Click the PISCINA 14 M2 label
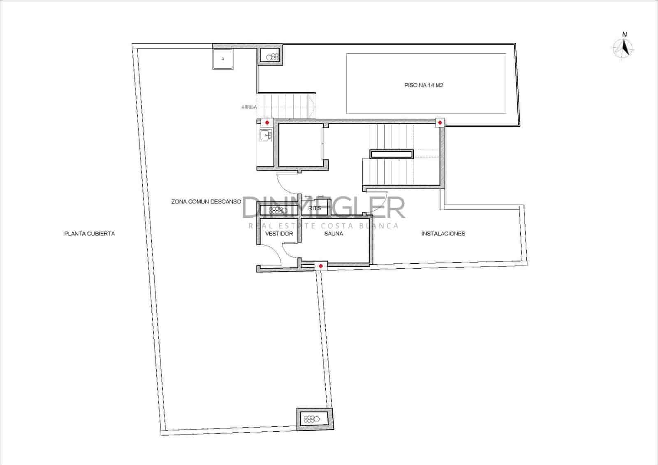coord(424,86)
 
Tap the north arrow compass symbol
coord(624,47)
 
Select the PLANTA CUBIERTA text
coord(90,234)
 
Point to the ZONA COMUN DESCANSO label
coord(206,202)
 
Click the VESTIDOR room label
coord(279,234)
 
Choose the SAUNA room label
coord(334,234)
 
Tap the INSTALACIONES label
coord(443,234)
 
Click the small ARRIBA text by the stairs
coord(249,107)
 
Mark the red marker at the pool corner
coord(440,123)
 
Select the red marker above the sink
coord(267,123)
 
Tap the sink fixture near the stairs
coord(266,135)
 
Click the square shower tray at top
coord(223,59)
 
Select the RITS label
coord(315,208)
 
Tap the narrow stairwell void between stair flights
coord(392,154)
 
